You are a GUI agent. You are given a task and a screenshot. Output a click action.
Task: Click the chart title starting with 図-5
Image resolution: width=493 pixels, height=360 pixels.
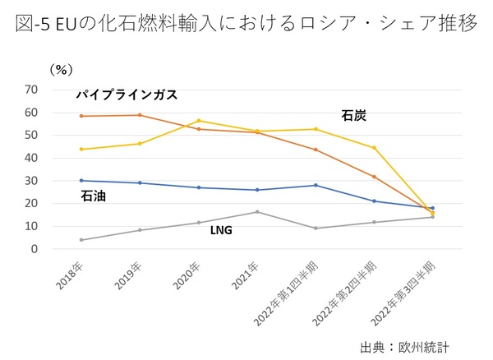coord(246,22)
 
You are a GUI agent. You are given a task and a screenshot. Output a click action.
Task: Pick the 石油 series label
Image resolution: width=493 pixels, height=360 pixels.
coord(92,196)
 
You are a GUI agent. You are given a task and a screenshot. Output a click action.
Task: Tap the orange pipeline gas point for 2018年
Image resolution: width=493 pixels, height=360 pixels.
coord(81,116)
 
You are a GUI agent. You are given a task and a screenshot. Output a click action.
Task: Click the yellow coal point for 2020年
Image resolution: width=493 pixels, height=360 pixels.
coord(199,121)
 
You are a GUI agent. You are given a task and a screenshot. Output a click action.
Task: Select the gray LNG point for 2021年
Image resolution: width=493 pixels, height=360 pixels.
coord(257,212)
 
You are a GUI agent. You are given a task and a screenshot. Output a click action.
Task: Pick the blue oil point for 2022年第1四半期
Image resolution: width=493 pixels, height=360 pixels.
coord(316,185)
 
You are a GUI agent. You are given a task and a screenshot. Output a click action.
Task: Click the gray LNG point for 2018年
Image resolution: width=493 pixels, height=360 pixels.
coord(81,240)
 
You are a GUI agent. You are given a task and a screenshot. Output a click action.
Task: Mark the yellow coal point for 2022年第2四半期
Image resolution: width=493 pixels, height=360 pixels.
coord(374,148)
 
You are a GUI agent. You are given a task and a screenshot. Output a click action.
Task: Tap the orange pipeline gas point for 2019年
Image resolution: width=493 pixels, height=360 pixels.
coord(140,115)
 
